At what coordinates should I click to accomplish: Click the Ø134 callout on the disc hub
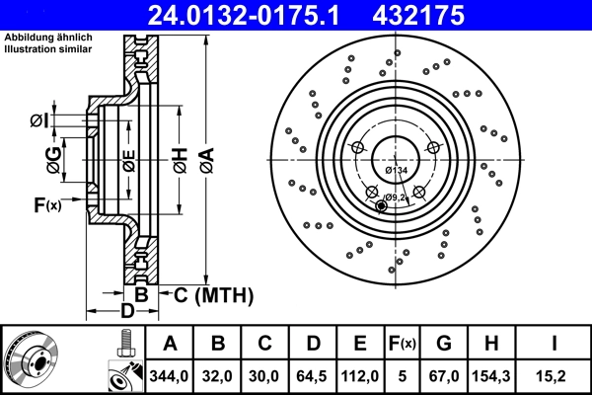396,172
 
